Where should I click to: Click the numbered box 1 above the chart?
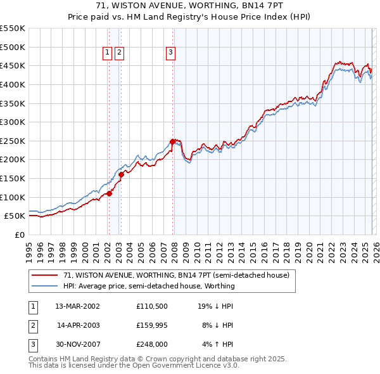pyautogui.click(x=107, y=53)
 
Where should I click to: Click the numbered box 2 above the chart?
pyautogui.click(x=119, y=53)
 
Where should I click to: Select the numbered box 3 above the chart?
pyautogui.click(x=170, y=53)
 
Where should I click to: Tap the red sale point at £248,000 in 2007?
pyautogui.click(x=172, y=141)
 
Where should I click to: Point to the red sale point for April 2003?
pyautogui.click(x=121, y=174)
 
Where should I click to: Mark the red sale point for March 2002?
pyautogui.click(x=109, y=193)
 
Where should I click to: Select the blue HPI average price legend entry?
pyautogui.click(x=149, y=286)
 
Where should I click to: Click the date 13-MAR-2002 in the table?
pyautogui.click(x=78, y=306)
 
